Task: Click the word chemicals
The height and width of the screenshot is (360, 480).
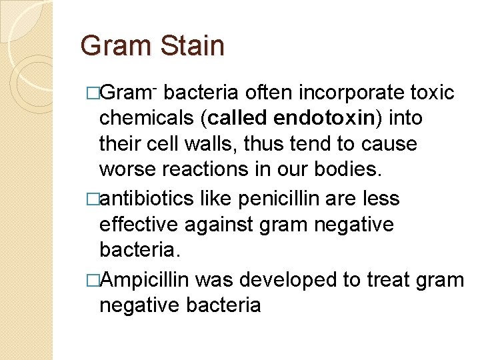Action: click(x=148, y=118)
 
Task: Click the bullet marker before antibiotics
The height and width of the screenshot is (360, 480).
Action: click(x=93, y=199)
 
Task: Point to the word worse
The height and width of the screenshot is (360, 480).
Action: click(x=128, y=169)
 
